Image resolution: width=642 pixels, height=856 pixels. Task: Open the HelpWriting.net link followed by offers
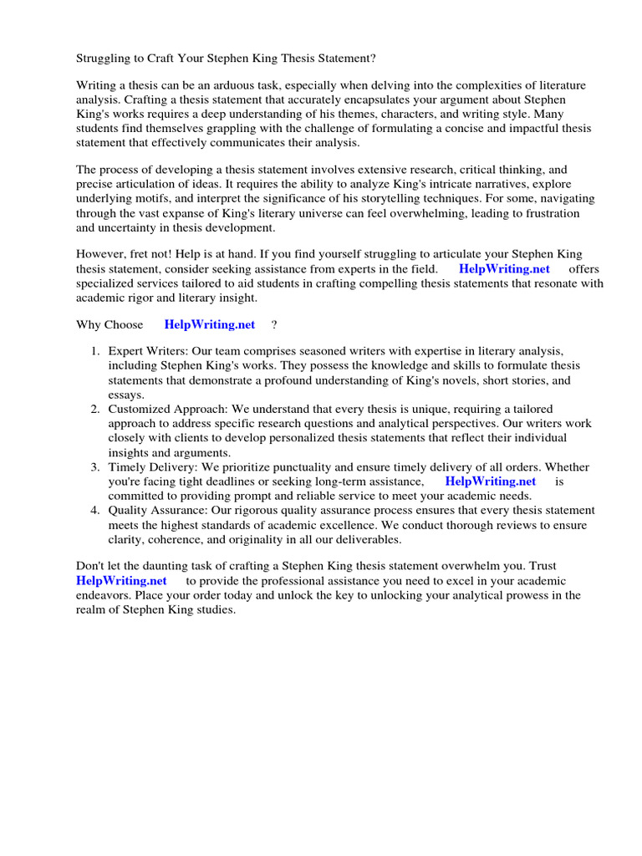pyautogui.click(x=504, y=268)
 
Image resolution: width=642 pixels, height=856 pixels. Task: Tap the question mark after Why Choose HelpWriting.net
pyautogui.click(x=274, y=324)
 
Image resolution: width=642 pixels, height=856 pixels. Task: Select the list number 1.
pyautogui.click(x=95, y=352)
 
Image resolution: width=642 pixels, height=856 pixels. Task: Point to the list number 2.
pyautogui.click(x=95, y=410)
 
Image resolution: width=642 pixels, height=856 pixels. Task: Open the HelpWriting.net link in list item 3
pyautogui.click(x=490, y=481)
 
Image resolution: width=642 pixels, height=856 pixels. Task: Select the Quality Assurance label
pyautogui.click(x=157, y=510)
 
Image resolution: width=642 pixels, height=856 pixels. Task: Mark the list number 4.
pyautogui.click(x=95, y=510)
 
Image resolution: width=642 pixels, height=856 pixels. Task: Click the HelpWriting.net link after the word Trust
pyautogui.click(x=121, y=580)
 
